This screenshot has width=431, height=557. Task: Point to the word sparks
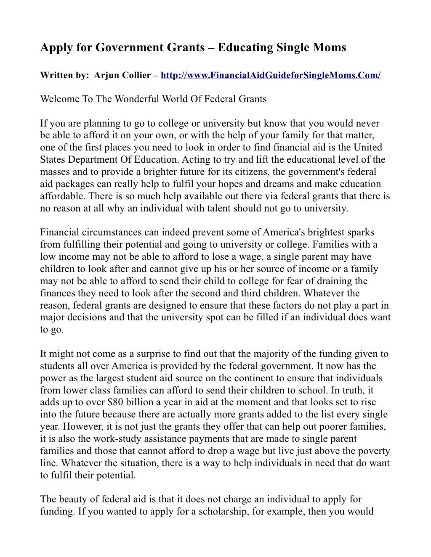click(x=361, y=232)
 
